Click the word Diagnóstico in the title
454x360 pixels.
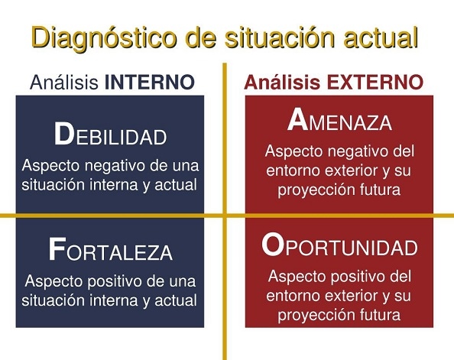coord(104,38)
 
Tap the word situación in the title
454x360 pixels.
coord(280,37)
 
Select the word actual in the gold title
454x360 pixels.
coord(381,37)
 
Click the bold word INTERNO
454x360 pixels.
coord(149,83)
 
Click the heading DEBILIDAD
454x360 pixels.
coord(110,135)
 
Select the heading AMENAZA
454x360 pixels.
coord(339,120)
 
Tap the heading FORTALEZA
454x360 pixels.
coord(110,250)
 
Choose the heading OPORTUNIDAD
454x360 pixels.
coord(339,245)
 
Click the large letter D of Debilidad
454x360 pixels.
coord(64,134)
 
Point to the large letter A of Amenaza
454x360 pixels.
coord(297,119)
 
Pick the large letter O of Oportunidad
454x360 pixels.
coord(272,245)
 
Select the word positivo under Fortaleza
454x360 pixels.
coord(116,282)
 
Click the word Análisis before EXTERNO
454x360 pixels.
coord(282,83)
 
